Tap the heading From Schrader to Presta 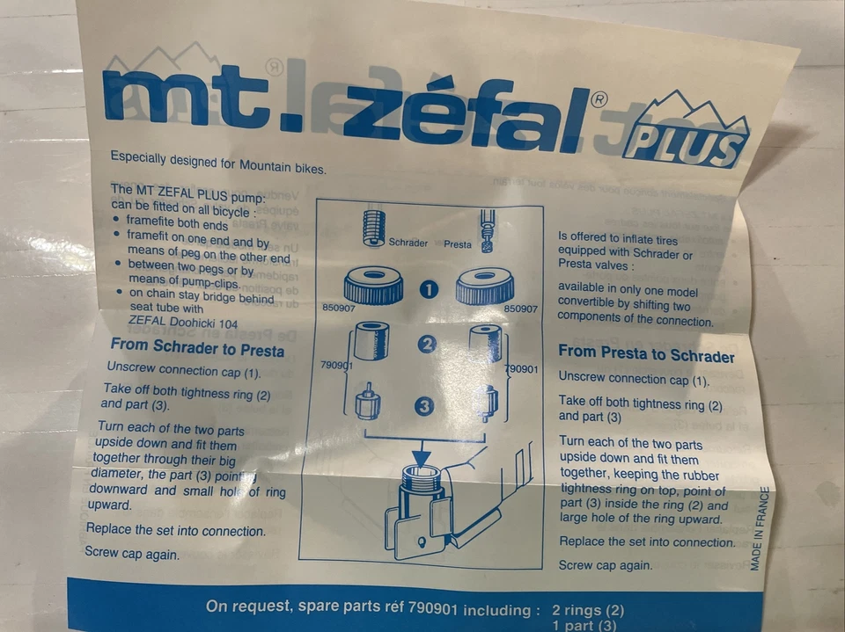click(x=197, y=348)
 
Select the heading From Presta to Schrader click(x=646, y=356)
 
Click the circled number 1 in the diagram click(x=429, y=290)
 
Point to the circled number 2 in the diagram click(x=427, y=345)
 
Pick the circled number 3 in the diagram click(x=424, y=407)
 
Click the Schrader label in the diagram click(x=408, y=243)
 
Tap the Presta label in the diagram click(x=458, y=244)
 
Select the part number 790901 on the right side click(x=522, y=369)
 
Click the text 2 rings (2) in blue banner click(x=588, y=609)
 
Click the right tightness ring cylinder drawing click(x=484, y=343)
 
